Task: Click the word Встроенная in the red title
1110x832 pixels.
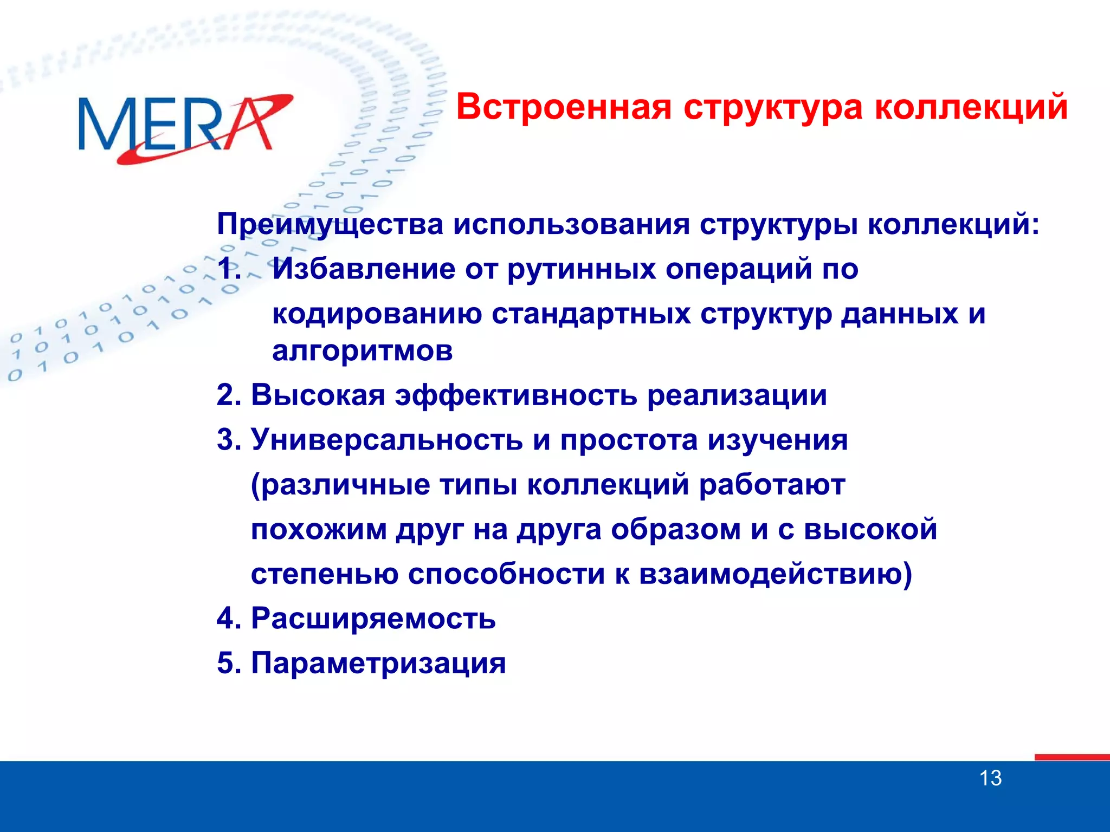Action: coord(564,107)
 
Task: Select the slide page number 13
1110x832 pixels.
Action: coord(990,778)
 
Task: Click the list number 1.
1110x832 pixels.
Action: coord(228,269)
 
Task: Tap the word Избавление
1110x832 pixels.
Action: coord(363,269)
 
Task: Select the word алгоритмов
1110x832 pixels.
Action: coord(362,352)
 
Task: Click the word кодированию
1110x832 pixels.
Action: coord(377,314)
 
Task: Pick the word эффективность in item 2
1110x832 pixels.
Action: coord(515,395)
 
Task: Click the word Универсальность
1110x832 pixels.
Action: coord(386,440)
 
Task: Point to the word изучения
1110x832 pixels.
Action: coord(777,440)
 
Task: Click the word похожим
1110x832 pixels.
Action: coord(319,529)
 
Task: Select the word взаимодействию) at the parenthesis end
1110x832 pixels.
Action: coord(775,574)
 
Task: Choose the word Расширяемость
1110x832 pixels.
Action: coord(373,619)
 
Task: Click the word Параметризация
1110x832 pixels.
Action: coord(378,663)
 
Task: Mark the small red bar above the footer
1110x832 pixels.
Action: coord(1072,757)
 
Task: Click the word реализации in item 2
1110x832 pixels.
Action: coord(737,395)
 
